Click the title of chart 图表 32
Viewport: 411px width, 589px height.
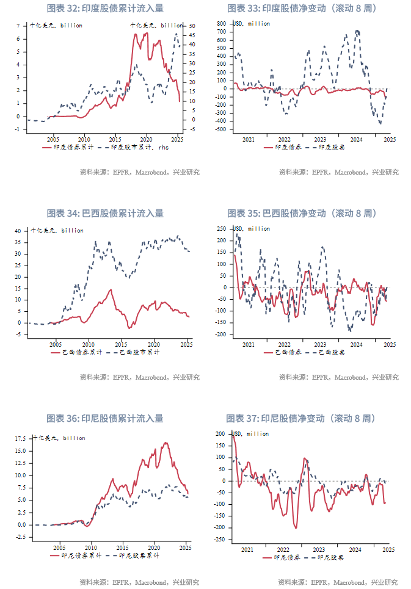[105, 9]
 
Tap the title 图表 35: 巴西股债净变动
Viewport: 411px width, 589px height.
[302, 214]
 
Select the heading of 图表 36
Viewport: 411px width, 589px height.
[105, 419]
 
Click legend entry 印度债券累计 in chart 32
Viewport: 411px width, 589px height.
[68, 147]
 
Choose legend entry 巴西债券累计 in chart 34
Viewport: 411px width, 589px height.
[68, 352]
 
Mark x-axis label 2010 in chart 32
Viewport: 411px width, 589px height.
[84, 139]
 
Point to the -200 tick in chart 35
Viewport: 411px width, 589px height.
[222, 334]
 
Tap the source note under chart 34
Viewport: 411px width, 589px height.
[140, 377]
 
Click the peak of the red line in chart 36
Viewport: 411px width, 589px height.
[165, 443]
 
